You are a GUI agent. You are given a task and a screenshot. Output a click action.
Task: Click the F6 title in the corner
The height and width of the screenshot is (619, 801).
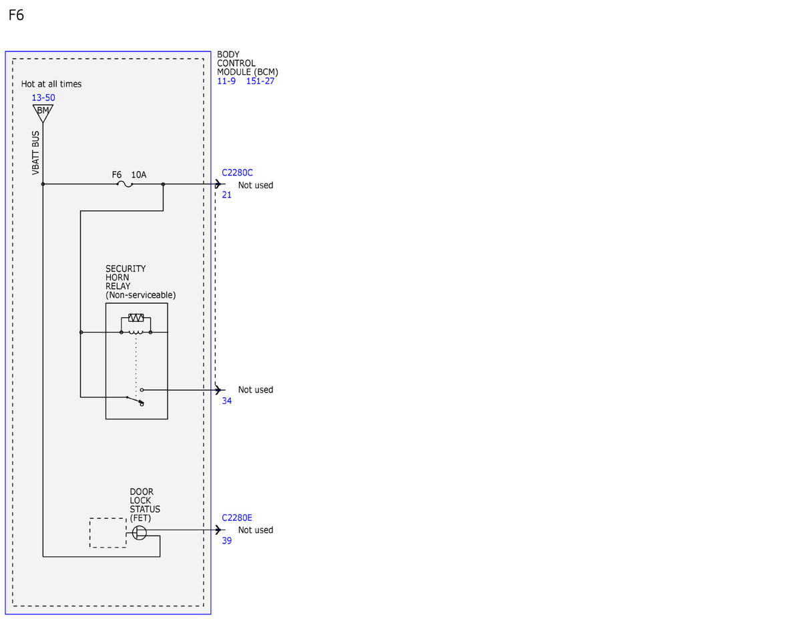[x=16, y=15]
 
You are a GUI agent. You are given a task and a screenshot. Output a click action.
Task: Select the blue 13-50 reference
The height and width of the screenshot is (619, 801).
[x=43, y=97]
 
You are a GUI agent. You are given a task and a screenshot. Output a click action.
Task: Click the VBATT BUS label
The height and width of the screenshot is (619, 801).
[x=35, y=153]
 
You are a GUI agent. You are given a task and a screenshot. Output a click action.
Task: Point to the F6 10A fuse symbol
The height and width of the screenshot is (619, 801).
[x=125, y=184]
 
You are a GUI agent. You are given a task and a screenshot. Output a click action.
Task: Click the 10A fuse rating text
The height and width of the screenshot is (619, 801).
[x=139, y=175]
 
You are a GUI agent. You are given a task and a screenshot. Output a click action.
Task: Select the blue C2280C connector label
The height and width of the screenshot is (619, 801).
[x=237, y=172]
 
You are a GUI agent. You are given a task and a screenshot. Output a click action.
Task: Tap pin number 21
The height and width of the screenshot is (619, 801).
[x=227, y=195]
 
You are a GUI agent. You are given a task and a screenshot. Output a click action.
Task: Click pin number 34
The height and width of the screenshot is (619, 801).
[x=227, y=401]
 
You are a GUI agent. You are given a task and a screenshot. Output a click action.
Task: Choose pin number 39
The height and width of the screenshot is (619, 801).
[x=227, y=540]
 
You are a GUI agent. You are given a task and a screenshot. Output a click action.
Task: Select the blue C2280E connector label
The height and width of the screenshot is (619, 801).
[x=237, y=518]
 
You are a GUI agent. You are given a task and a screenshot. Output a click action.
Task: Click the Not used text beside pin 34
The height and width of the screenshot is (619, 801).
[x=256, y=390]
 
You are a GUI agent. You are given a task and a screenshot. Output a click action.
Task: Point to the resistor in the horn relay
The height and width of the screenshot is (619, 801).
[x=136, y=317]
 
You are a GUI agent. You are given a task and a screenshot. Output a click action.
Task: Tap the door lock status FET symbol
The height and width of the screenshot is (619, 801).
[x=140, y=533]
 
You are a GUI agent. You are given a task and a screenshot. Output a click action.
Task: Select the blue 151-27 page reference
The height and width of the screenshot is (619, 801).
[x=260, y=81]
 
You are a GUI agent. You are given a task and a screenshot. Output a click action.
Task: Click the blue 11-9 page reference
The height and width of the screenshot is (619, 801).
[x=226, y=81]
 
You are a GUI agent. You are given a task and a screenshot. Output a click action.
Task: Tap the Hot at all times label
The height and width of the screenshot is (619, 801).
[x=51, y=84]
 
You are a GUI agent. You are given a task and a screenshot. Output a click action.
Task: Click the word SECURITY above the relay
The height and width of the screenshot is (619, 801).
[x=125, y=268]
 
